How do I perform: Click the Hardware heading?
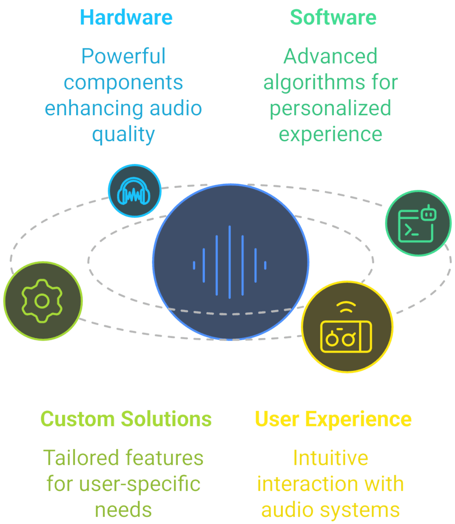tap(126, 17)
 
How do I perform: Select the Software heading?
tap(333, 17)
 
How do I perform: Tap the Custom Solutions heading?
tap(126, 419)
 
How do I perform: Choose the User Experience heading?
tap(333, 419)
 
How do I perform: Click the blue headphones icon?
tap(134, 191)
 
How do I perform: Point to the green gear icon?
tap(42, 301)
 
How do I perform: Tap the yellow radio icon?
tap(347, 327)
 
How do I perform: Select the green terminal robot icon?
tap(418, 223)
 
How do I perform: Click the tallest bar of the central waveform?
tap(230, 261)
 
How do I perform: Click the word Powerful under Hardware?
tap(123, 57)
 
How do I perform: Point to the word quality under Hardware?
tap(123, 134)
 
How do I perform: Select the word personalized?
tap(330, 108)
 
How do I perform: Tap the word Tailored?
tap(81, 458)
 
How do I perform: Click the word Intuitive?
tap(330, 458)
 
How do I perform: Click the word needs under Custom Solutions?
tap(123, 510)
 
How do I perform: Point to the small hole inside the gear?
tap(42, 301)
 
